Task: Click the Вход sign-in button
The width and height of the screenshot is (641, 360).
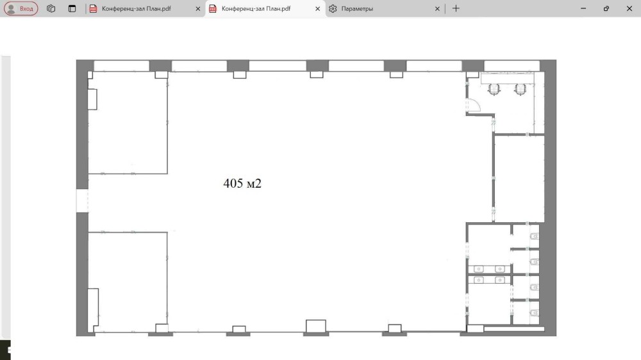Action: click(21, 8)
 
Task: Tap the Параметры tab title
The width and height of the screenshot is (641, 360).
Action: click(357, 8)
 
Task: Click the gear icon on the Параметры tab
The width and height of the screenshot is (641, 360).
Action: click(333, 8)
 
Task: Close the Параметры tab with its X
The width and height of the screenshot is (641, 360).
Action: click(437, 8)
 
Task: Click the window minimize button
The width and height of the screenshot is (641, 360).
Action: click(583, 8)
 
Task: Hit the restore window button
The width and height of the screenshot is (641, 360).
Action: click(606, 8)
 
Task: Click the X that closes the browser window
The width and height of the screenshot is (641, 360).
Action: click(629, 8)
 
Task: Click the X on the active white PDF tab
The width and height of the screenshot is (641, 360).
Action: click(318, 8)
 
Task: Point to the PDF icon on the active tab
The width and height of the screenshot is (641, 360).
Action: click(213, 8)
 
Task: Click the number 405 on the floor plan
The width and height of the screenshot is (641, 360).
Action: click(233, 183)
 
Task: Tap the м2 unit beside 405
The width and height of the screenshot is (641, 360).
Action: click(254, 183)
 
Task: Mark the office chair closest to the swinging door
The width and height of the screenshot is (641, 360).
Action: click(494, 90)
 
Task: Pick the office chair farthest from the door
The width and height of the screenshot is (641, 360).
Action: click(520, 90)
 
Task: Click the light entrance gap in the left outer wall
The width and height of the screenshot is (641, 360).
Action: click(82, 200)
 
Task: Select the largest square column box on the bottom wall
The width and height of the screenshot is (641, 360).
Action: click(316, 326)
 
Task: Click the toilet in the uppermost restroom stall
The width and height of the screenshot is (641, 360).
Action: click(535, 236)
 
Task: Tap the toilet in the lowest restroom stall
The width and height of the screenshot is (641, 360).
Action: click(535, 313)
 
